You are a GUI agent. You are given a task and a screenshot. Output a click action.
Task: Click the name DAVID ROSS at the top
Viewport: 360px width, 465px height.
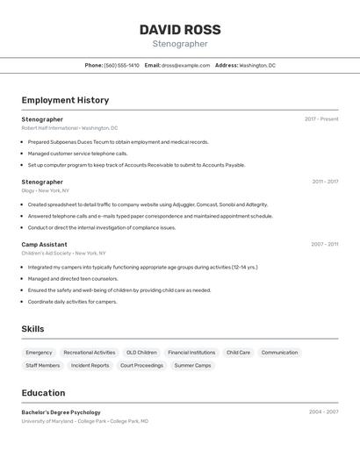click(179, 30)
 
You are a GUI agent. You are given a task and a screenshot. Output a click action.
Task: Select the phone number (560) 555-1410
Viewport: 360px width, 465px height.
click(121, 65)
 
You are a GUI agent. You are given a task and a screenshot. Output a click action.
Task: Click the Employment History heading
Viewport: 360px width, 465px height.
click(65, 100)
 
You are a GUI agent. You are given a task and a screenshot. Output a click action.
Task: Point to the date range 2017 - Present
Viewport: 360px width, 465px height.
click(321, 119)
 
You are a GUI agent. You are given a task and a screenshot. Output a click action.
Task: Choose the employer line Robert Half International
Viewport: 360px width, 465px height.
click(69, 128)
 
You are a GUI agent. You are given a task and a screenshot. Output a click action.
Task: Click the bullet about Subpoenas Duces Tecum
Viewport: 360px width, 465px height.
click(118, 141)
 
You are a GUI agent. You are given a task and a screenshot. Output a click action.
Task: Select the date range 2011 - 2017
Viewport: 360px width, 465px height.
click(325, 182)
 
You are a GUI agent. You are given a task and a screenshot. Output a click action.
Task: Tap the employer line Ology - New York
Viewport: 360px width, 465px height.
click(45, 190)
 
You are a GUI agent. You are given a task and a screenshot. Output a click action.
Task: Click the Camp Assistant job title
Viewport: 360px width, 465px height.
click(44, 245)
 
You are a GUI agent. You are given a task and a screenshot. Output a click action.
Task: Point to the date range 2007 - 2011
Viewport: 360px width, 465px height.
click(324, 245)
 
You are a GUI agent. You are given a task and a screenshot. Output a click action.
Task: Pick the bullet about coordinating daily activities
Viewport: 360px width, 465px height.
click(72, 302)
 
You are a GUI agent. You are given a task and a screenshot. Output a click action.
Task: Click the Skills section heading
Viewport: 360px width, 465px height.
click(32, 329)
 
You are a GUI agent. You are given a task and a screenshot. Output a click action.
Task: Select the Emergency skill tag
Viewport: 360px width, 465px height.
click(39, 353)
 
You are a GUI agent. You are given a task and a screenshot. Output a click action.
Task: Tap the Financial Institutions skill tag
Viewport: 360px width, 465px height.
click(191, 353)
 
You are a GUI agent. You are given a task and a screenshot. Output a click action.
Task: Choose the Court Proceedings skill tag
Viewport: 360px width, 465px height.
click(141, 365)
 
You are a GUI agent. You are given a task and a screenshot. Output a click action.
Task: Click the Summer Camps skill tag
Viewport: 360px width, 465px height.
click(192, 365)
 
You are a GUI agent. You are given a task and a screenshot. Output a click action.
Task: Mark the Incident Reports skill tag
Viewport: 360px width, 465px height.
click(90, 365)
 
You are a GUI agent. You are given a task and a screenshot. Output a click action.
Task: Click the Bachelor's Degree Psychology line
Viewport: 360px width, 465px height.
click(61, 412)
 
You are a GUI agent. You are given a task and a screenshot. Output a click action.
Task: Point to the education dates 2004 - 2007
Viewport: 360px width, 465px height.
click(323, 411)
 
